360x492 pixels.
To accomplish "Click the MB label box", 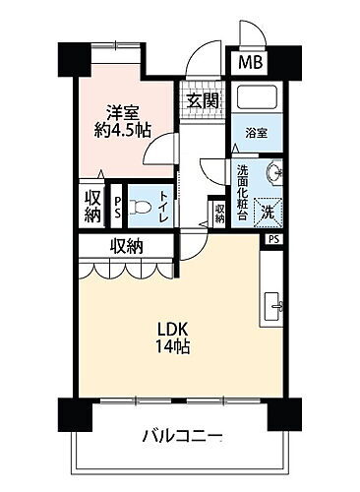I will [x=249, y=64].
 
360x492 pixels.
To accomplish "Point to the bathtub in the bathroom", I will [x=254, y=101].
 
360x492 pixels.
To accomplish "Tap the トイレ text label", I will [x=162, y=207].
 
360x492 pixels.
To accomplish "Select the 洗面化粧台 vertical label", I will [x=243, y=192].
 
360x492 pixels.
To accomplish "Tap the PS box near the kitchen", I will [x=272, y=237].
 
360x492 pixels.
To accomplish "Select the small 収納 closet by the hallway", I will [x=218, y=211].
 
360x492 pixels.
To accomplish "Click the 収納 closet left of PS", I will [x=90, y=206].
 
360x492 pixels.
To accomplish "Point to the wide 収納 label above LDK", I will [x=128, y=246].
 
